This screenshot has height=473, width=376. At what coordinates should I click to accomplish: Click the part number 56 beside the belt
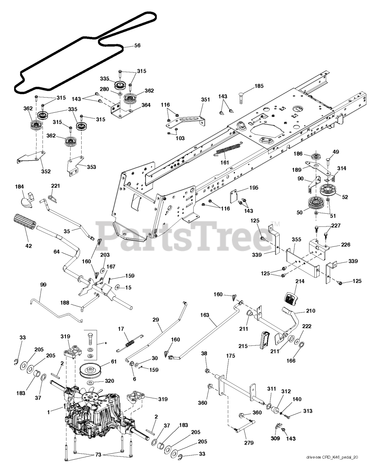pos(137,45)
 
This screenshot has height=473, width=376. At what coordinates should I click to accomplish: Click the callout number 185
pos(259,86)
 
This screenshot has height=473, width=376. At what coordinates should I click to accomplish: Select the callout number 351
pos(205,99)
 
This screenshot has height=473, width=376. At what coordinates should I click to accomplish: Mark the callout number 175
pos(230,355)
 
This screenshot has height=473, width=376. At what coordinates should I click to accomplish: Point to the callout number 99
pos(43,285)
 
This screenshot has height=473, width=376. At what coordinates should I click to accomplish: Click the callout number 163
pos(205,315)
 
